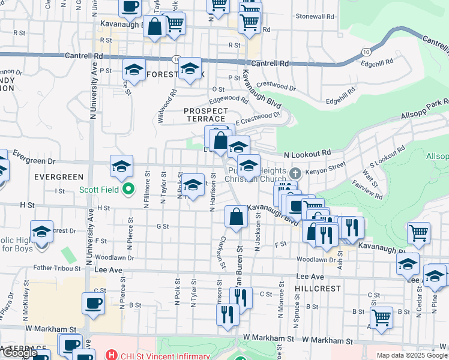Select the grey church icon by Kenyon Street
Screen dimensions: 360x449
coord(294,173)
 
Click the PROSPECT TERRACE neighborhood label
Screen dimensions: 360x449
coord(206,115)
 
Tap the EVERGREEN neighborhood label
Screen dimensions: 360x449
coord(58,177)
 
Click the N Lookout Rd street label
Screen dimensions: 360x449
coord(307,154)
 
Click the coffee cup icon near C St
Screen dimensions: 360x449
coord(93,303)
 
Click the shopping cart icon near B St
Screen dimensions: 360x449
coord(381,317)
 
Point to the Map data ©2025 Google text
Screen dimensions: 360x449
coord(412,355)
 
